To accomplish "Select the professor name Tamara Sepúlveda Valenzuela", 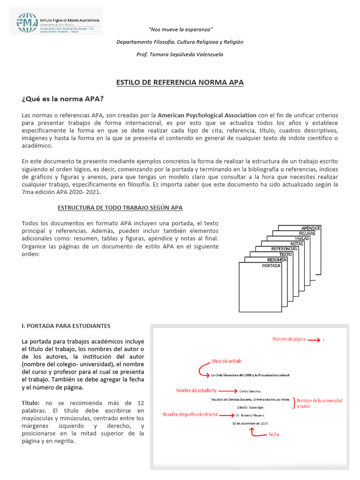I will coord(180,54).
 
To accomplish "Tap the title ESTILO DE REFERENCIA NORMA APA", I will coord(180,82).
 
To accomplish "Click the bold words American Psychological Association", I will coord(207,115).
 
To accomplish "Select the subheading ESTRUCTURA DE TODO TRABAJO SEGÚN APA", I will coord(120,207).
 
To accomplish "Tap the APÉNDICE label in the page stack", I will coord(311,228).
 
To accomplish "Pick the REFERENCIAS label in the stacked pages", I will coord(285,249).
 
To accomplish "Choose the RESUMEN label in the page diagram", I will coord(277,260).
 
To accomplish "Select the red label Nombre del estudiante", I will coord(196,390).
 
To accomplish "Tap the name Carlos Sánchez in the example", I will coord(250,390).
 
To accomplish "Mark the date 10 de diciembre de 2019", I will coord(250,423).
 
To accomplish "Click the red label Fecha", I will coord(274,435).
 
